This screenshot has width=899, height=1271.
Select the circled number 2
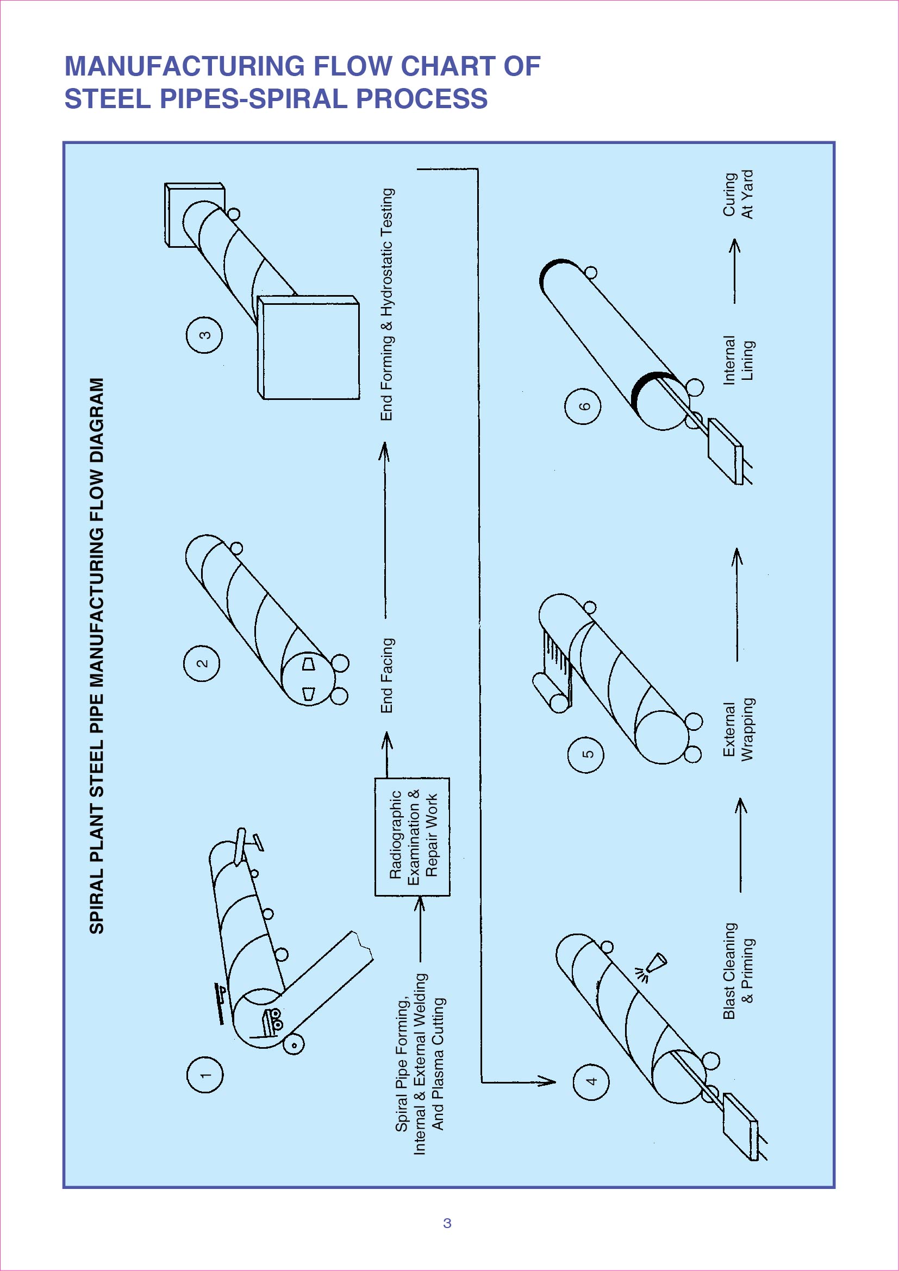click(x=202, y=663)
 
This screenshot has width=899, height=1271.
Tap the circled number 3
click(x=204, y=335)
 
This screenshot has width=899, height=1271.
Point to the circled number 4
click(x=591, y=1081)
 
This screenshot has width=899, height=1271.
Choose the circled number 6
click(x=583, y=406)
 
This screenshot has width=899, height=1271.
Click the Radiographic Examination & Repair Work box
click(x=413, y=836)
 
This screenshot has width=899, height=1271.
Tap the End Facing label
click(x=386, y=675)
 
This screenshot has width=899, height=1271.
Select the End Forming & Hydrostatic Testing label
click(x=386, y=304)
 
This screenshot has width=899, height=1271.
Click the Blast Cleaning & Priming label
click(x=738, y=971)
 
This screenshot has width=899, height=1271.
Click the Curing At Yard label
click(x=738, y=195)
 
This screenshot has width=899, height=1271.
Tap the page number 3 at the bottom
click(x=447, y=1223)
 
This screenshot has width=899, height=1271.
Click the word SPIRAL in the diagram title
click(x=96, y=893)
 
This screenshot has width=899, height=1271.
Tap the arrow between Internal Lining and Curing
click(x=735, y=271)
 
